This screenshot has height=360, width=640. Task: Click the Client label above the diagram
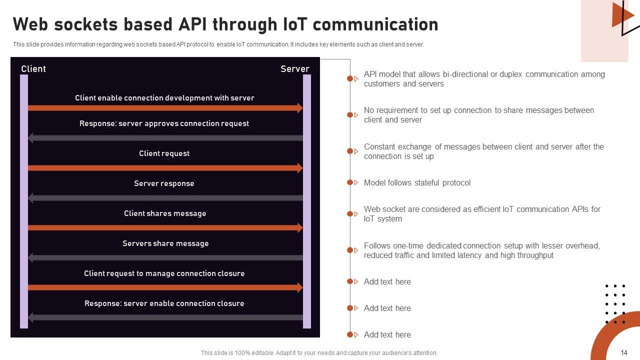coord(33,69)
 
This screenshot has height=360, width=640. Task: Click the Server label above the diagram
coord(294,69)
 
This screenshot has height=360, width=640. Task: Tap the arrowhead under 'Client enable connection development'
coord(300,108)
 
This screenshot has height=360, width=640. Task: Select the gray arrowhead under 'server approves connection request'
coord(30,138)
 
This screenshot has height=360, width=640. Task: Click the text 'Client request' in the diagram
coord(164,153)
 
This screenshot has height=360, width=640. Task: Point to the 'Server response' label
coord(164,183)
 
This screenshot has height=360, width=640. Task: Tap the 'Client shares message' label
coord(165,213)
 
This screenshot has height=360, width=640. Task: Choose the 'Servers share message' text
coord(165,243)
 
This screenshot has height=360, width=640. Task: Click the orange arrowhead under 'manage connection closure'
coord(300,287)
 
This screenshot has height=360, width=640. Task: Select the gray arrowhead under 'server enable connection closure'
coord(30,317)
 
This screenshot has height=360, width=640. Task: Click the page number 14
coord(624,352)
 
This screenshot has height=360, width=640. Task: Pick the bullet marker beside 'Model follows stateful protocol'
coord(350,182)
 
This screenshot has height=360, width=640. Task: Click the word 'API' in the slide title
coord(191,24)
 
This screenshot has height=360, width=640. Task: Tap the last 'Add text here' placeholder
coord(387,334)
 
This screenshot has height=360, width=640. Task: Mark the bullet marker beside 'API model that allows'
coord(350,78)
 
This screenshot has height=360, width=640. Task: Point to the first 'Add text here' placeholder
coord(387,281)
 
